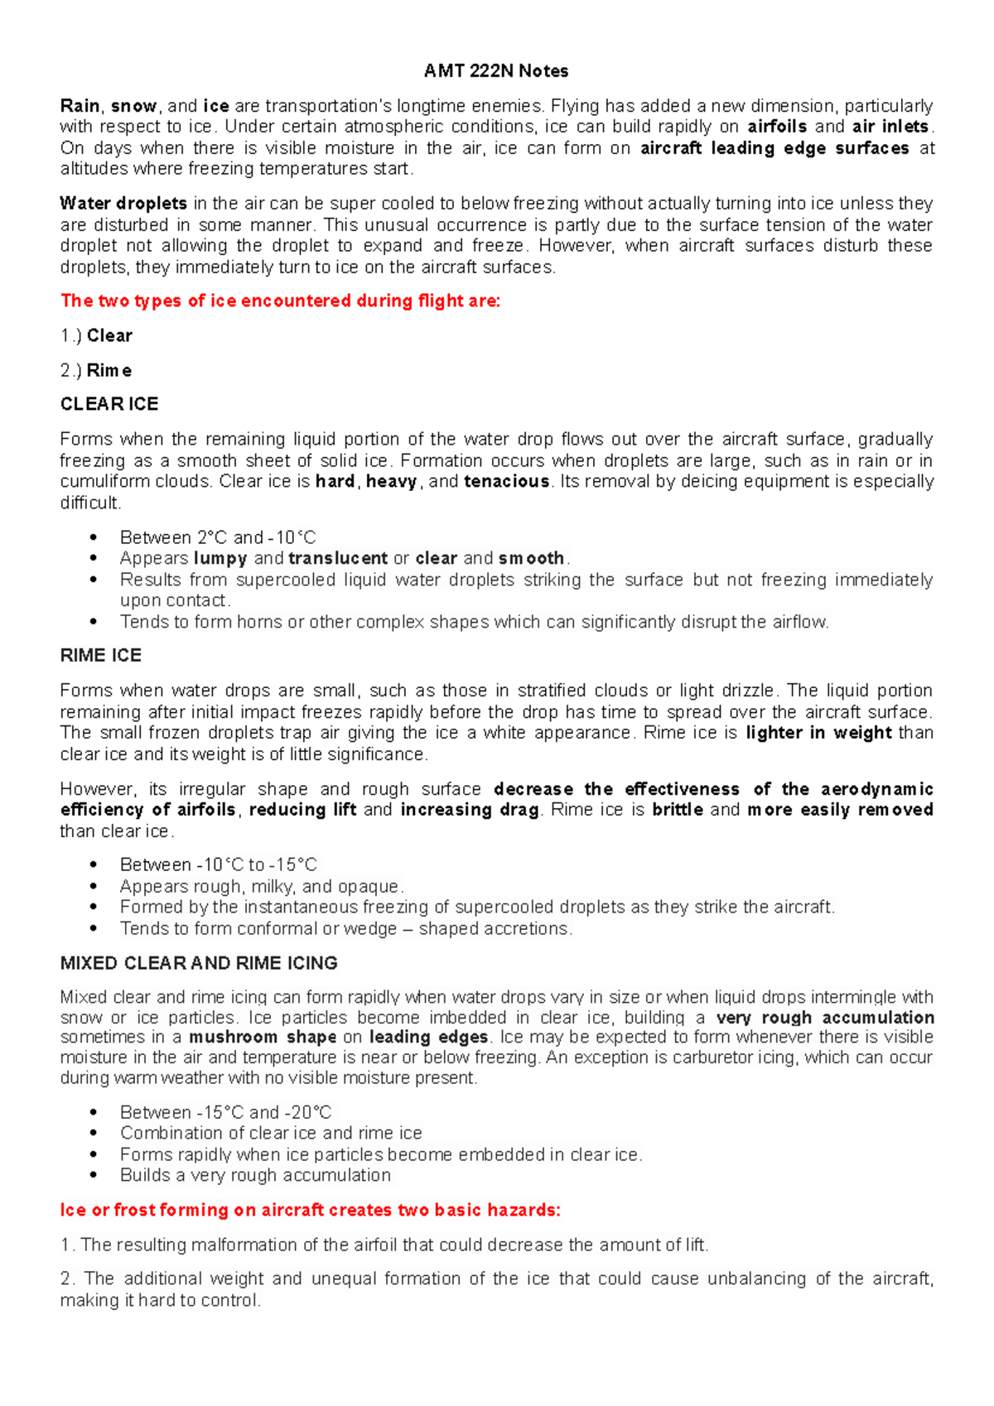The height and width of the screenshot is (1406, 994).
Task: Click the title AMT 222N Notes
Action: tap(495, 71)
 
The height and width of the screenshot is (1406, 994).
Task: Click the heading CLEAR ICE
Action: tap(109, 404)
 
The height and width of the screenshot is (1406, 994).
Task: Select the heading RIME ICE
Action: tap(101, 656)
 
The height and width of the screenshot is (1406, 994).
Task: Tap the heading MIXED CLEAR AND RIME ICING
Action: tap(199, 963)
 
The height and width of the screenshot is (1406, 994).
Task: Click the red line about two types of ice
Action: tap(280, 301)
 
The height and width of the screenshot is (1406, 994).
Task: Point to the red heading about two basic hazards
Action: tap(310, 1211)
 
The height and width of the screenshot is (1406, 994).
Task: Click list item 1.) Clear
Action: tap(96, 336)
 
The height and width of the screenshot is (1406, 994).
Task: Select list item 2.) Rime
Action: tap(96, 371)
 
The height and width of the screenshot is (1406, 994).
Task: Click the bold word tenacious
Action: tap(507, 482)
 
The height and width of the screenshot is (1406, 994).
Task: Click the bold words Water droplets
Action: tap(123, 204)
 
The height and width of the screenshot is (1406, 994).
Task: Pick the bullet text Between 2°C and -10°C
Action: tap(218, 537)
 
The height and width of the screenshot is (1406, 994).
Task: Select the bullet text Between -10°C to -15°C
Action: tap(219, 865)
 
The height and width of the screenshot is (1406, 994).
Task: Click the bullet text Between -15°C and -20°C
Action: tap(225, 1112)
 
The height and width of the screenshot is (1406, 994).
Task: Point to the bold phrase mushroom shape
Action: tap(263, 1038)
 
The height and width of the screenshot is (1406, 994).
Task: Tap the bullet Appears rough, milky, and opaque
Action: tap(262, 887)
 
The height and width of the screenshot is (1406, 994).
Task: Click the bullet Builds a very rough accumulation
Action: tap(255, 1176)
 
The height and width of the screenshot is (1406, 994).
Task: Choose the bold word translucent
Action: tap(338, 559)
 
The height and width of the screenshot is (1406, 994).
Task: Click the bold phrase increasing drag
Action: tap(470, 810)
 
